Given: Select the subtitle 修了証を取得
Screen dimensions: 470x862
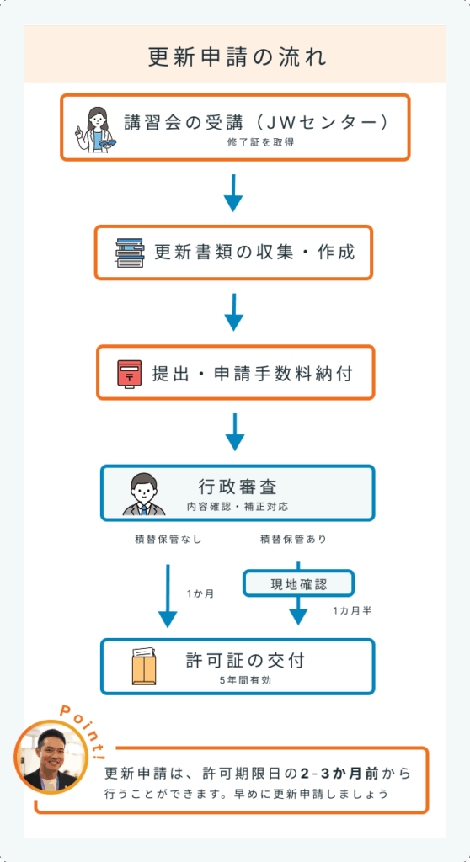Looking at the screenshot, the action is (x=261, y=142).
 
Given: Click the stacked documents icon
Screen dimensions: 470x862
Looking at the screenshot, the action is (x=130, y=253).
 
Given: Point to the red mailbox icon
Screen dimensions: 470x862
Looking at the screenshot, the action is (x=130, y=374).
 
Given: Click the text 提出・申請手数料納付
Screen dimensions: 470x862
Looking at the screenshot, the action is (x=252, y=374).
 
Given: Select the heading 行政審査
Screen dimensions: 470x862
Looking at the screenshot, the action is (x=238, y=487).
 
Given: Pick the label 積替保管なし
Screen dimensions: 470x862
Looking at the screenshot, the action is (x=168, y=540).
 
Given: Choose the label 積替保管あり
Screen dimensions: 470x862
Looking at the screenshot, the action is (x=293, y=540).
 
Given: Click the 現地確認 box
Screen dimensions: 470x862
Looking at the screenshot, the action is (x=298, y=583).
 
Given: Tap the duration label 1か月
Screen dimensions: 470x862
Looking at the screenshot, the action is (x=200, y=593).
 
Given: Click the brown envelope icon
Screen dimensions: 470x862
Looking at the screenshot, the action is (x=144, y=666).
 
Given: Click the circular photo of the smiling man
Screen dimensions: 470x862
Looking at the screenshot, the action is (x=51, y=757).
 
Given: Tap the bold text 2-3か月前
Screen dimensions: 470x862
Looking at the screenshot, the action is (x=339, y=773).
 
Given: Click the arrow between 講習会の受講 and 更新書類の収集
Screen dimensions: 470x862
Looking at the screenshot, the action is (x=233, y=193).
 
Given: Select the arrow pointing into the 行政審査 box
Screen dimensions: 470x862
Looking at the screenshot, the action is (x=235, y=432).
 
